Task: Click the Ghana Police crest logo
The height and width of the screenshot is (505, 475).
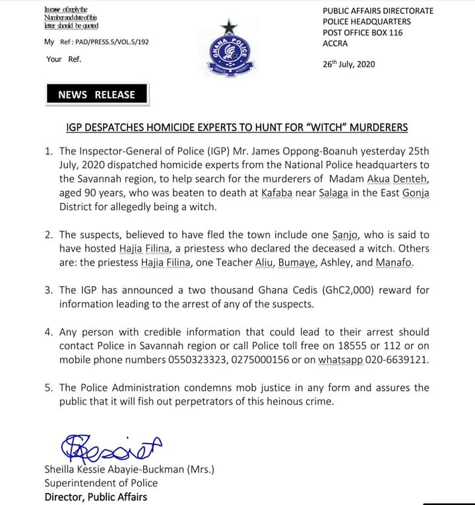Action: click(229, 56)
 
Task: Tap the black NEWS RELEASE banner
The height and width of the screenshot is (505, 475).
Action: click(96, 94)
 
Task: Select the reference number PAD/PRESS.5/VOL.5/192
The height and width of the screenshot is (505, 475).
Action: click(106, 42)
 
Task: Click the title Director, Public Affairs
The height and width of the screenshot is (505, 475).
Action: click(96, 496)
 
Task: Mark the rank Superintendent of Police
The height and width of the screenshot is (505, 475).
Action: click(101, 483)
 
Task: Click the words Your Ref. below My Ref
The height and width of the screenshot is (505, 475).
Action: click(63, 59)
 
